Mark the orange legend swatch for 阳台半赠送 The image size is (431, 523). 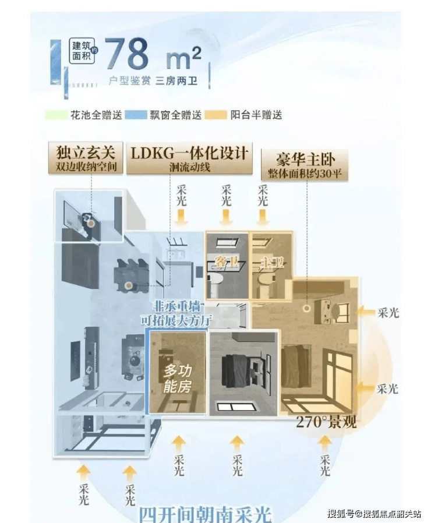(219, 115)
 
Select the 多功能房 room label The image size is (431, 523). (176, 379)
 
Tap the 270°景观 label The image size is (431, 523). (326, 422)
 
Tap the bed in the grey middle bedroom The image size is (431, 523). (237, 369)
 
